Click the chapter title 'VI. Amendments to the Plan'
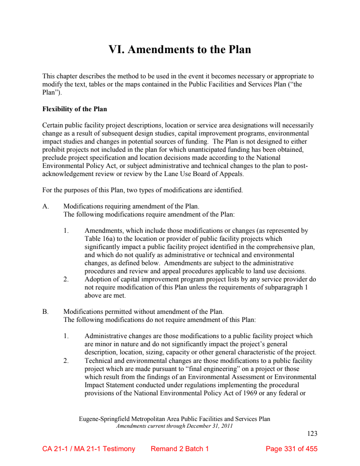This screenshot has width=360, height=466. point(180,49)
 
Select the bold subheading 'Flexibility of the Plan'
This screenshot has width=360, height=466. point(74,109)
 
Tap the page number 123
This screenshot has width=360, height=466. point(312,434)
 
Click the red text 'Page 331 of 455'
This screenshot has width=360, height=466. point(292,449)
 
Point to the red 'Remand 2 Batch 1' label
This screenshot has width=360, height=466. point(180,449)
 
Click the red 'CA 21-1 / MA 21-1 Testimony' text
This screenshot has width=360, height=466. point(89,449)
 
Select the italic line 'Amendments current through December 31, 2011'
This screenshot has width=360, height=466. point(175,426)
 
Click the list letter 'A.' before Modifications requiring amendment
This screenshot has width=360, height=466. point(45,207)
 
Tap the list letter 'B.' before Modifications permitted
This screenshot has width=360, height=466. point(45,312)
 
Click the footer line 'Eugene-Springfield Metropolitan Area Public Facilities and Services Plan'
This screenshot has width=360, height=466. point(175,419)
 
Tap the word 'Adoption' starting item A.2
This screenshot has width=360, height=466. point(98,279)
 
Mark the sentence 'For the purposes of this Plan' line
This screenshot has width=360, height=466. point(143,190)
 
